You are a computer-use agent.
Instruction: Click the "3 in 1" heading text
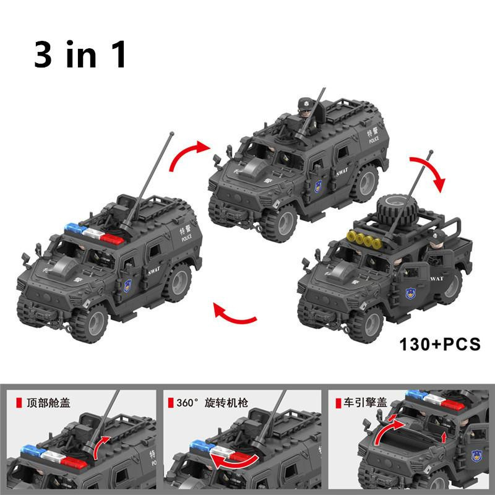tap(80, 54)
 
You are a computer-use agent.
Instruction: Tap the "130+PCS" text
tap(440, 344)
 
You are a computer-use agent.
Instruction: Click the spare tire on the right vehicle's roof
tap(397, 210)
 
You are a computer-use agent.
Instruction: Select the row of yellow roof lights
tap(364, 239)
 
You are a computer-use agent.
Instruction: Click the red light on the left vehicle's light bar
tap(112, 238)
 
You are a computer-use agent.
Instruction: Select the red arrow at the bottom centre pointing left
tap(235, 314)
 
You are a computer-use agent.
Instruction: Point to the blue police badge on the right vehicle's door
tap(410, 293)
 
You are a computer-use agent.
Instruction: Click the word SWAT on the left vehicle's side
tap(154, 271)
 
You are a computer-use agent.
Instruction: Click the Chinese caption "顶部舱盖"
tap(48, 403)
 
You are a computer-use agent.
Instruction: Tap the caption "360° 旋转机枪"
tap(212, 403)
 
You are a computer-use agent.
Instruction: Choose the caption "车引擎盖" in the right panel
tap(365, 403)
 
